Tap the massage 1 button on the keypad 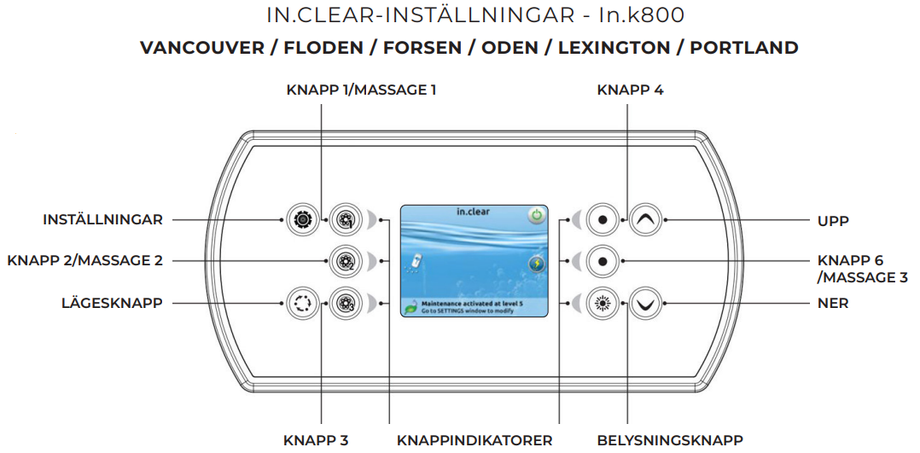[x=345, y=220]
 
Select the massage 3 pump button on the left [x=345, y=302]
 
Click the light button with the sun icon [x=603, y=302]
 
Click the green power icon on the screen [x=536, y=215]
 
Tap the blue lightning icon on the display [x=536, y=263]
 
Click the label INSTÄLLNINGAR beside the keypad [x=102, y=220]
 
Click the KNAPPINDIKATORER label [x=475, y=440]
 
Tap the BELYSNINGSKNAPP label [x=670, y=440]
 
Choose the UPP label [x=833, y=221]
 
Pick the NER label [x=833, y=303]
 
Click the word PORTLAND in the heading [x=743, y=48]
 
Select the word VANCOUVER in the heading [x=202, y=48]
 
